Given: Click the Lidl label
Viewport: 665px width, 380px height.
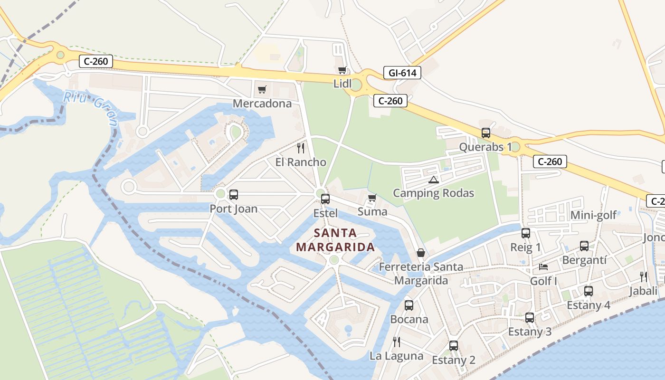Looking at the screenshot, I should pyautogui.click(x=342, y=84).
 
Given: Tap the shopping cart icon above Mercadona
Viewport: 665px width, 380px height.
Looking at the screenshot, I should pyautogui.click(x=262, y=89).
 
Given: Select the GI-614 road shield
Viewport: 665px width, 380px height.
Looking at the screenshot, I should pyautogui.click(x=402, y=73).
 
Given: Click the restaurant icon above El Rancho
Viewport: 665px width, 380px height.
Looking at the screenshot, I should pyautogui.click(x=301, y=148).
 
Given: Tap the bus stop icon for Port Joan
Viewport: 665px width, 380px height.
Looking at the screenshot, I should pyautogui.click(x=233, y=194).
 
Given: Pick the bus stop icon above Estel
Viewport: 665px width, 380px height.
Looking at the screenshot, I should pyautogui.click(x=325, y=199).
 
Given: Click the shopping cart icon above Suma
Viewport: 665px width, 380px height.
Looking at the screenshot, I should pyautogui.click(x=372, y=198).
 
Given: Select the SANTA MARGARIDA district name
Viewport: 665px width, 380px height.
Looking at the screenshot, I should pyautogui.click(x=335, y=240).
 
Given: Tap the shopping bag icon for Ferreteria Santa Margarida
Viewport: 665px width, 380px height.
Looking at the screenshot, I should pyautogui.click(x=421, y=253).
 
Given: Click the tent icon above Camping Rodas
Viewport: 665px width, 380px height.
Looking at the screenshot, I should pyautogui.click(x=433, y=180).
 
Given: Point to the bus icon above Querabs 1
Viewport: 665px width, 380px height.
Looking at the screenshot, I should pyautogui.click(x=485, y=133).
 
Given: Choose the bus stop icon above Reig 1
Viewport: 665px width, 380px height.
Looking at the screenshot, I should pyautogui.click(x=525, y=233).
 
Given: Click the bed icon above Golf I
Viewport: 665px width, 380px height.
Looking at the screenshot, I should pyautogui.click(x=543, y=267).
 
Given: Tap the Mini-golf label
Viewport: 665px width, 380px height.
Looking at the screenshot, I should pyautogui.click(x=593, y=215).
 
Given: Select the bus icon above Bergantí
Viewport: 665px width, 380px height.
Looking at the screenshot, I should pyautogui.click(x=584, y=246).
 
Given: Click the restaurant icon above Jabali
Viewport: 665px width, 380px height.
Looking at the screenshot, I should pyautogui.click(x=644, y=276).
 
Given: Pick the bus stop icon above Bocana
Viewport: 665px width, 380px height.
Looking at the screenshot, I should pyautogui.click(x=409, y=305).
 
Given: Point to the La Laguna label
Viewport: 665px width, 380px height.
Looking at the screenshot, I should pyautogui.click(x=396, y=356).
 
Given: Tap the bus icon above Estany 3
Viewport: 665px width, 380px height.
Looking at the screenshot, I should pyautogui.click(x=530, y=318).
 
